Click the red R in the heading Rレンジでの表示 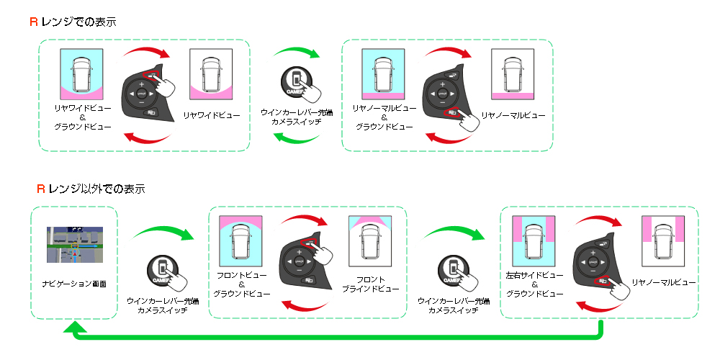pyautogui.click(x=34, y=22)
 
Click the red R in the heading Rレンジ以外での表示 pyautogui.click(x=41, y=188)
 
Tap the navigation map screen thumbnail pyautogui.click(x=75, y=244)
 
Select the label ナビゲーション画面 pyautogui.click(x=74, y=284)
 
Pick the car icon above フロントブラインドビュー pyautogui.click(x=370, y=240)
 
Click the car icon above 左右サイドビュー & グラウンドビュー pyautogui.click(x=534, y=240)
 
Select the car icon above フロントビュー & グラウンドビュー pyautogui.click(x=240, y=240)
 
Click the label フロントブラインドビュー pyautogui.click(x=371, y=284)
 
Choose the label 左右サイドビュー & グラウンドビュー pyautogui.click(x=534, y=284)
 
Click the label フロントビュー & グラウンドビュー pyautogui.click(x=241, y=284)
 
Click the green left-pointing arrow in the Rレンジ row pyautogui.click(x=296, y=137)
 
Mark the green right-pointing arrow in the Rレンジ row pyautogui.click(x=297, y=51)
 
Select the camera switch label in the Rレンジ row pyautogui.click(x=296, y=117)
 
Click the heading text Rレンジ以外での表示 pyautogui.click(x=91, y=188)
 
